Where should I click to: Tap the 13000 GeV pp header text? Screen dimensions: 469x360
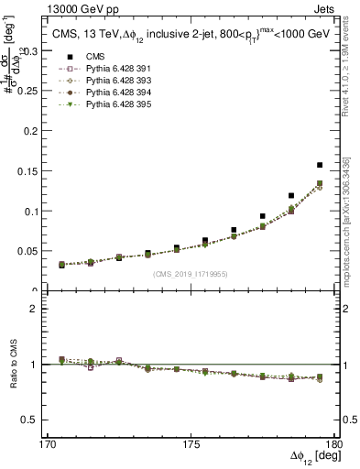point(58,7)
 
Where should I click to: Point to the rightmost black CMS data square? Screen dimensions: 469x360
point(320,165)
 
